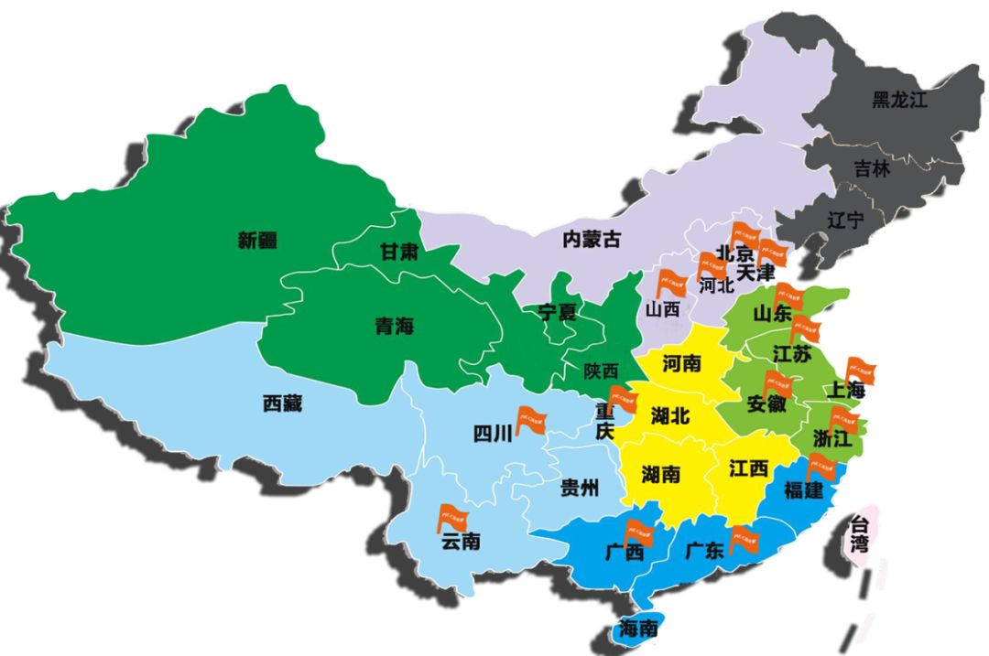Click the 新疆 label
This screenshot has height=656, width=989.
257,241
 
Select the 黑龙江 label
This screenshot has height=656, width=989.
899,100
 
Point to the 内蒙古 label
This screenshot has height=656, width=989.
591,240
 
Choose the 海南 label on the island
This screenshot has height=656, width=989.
638,629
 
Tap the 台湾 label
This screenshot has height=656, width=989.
859,534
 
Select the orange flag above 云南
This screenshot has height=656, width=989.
451,517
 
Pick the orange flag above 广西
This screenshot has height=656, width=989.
638,529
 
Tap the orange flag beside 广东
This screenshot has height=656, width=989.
744,541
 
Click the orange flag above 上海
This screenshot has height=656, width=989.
860,371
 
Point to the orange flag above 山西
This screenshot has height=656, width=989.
670,284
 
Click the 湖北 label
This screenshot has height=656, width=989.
670,415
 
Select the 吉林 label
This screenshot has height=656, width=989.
872,169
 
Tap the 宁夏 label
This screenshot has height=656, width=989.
557,312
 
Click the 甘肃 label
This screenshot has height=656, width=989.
399,252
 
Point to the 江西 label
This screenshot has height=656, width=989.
748,468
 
